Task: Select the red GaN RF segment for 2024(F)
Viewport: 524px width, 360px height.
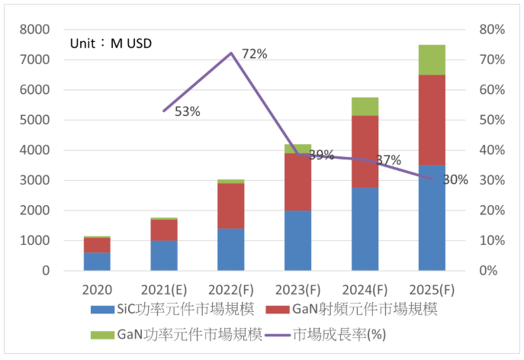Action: point(365,151)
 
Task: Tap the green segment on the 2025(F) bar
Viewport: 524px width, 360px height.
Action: point(432,59)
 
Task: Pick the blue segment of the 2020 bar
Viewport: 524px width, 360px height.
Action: point(97,262)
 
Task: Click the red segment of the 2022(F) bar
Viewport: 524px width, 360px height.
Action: point(230,205)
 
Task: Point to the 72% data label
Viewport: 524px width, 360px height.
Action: point(254,53)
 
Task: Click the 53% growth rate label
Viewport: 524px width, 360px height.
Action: point(187,111)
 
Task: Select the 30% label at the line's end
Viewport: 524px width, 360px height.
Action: point(455,180)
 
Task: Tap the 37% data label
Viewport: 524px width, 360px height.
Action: point(388,160)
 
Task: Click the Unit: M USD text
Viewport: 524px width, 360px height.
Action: point(111,43)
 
